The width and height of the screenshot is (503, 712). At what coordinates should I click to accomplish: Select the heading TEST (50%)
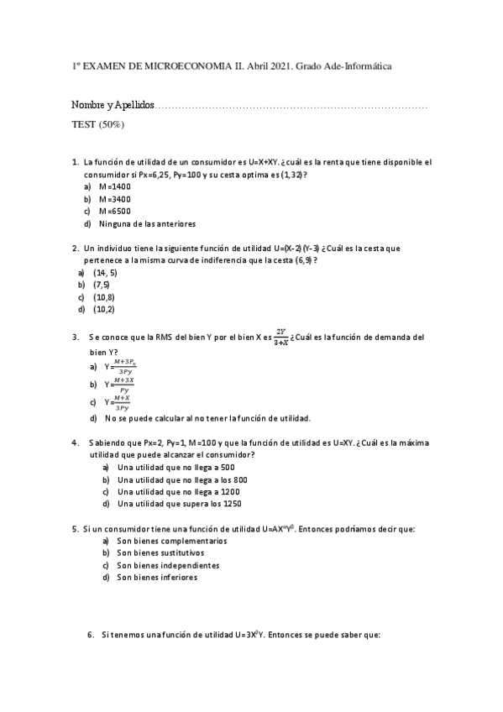point(98,124)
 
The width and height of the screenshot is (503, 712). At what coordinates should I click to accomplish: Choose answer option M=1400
point(115,186)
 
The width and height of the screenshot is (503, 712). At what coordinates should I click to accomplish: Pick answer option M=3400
point(115,199)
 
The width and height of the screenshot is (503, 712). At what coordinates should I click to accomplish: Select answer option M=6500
point(115,212)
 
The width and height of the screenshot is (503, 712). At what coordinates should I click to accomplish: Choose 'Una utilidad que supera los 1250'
point(180,504)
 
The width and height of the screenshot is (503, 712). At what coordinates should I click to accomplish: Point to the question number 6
point(91,636)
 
